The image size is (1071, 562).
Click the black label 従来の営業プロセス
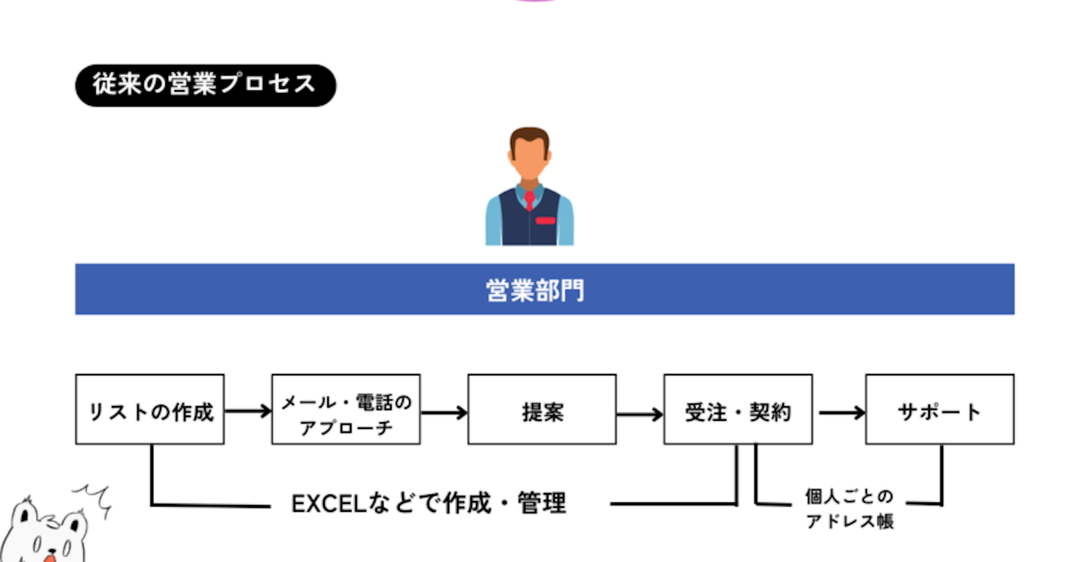[205, 85]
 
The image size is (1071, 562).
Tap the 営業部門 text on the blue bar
[535, 290]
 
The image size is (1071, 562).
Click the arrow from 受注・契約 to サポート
[842, 413]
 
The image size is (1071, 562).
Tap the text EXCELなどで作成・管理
[429, 503]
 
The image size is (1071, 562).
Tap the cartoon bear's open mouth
[50, 557]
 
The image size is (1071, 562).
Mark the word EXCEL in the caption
[329, 504]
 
